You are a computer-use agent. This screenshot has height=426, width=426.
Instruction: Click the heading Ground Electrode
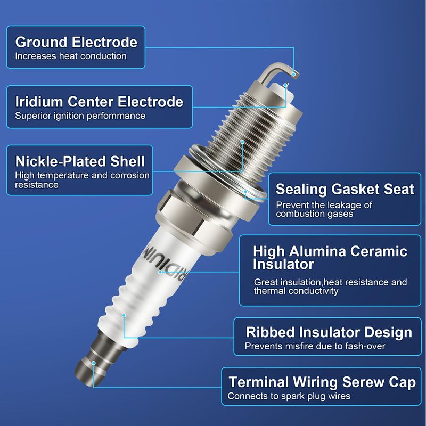click(x=76, y=42)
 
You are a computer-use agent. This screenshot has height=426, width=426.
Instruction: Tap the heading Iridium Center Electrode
click(x=99, y=102)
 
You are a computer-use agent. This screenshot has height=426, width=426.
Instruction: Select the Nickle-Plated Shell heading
click(x=80, y=161)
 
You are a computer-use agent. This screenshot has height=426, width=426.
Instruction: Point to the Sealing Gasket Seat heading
click(x=345, y=190)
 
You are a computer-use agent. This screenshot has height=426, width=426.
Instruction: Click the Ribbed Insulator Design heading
click(x=329, y=332)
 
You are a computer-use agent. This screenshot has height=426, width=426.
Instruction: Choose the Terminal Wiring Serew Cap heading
click(x=322, y=382)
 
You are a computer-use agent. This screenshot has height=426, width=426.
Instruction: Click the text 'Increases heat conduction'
click(x=71, y=56)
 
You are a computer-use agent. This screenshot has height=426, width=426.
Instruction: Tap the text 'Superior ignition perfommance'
click(x=80, y=116)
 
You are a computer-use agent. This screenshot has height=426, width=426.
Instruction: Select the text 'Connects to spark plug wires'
click(x=289, y=396)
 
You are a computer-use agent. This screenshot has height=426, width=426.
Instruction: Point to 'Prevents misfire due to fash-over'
click(x=315, y=346)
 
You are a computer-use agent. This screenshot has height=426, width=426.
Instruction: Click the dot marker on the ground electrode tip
click(x=294, y=74)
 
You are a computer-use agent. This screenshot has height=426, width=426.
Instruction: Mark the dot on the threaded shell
click(x=243, y=142)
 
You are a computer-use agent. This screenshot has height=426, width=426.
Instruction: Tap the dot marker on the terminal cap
click(x=94, y=363)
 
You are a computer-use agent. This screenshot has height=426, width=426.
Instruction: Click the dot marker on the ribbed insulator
click(x=124, y=315)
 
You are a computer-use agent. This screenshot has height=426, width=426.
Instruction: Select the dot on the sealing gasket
click(x=245, y=192)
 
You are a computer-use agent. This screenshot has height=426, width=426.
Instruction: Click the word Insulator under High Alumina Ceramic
click(x=283, y=264)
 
